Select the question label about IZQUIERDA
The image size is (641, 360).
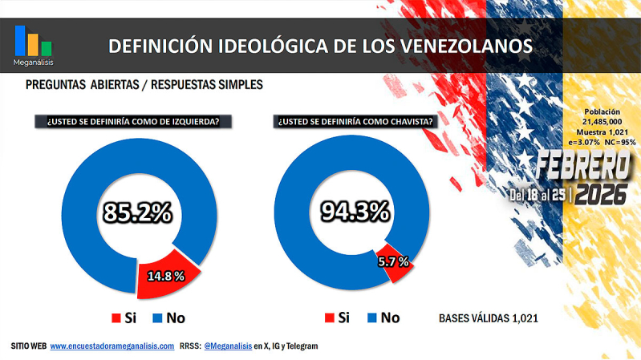pos(133,122)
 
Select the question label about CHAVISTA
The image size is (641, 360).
pos(356,122)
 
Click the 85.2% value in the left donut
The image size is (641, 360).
pos(137,212)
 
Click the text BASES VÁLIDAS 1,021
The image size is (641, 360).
pos(488,318)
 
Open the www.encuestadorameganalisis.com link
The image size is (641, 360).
pos(112,346)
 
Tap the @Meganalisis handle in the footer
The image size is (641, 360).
pos(228,346)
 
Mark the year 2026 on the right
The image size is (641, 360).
pos(602,194)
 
